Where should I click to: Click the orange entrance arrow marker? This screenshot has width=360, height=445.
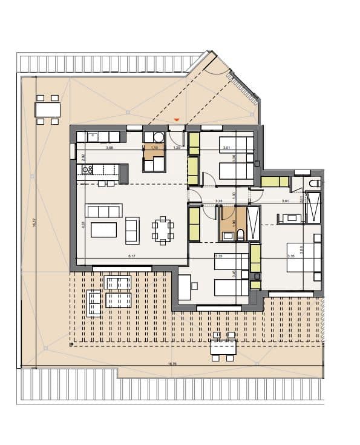pyautogui.click(x=176, y=120)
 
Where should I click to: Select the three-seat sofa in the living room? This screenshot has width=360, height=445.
pyautogui.click(x=105, y=211)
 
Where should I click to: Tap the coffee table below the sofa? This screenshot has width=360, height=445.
pyautogui.click(x=103, y=230)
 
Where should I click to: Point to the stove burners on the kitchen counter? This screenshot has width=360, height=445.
pyautogui.click(x=86, y=170)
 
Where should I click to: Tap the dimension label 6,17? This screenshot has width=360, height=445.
pyautogui.click(x=131, y=257)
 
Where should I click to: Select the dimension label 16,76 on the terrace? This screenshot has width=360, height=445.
pyautogui.click(x=172, y=364)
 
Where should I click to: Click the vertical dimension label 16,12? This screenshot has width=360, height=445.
pyautogui.click(x=35, y=222)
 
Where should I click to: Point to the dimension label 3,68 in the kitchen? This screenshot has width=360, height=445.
pyautogui.click(x=110, y=148)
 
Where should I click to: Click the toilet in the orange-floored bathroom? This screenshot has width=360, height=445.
pyautogui.click(x=240, y=234)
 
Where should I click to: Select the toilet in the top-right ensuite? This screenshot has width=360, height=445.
pyautogui.click(x=314, y=183)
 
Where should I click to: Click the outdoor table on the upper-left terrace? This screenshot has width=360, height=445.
pyautogui.click(x=48, y=110)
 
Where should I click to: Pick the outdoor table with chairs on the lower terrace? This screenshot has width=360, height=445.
pyautogui.click(x=223, y=347)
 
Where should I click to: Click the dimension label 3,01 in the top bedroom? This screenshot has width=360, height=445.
pyautogui.click(x=226, y=148)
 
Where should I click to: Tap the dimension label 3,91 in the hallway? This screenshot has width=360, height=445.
pyautogui.click(x=285, y=201)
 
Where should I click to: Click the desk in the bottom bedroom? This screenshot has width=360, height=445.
pyautogui.click(x=184, y=287)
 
